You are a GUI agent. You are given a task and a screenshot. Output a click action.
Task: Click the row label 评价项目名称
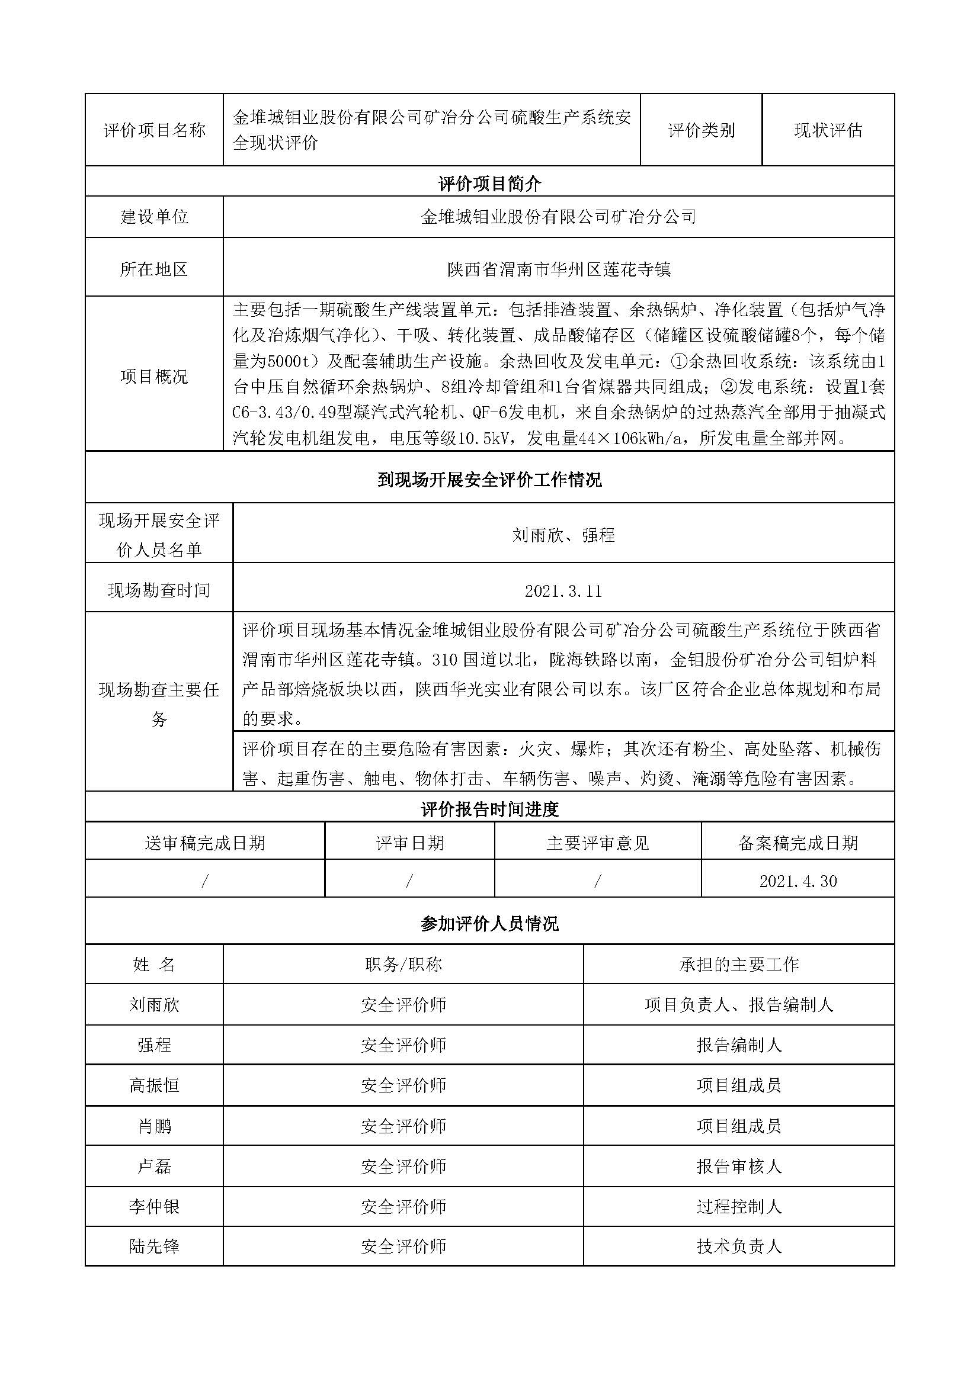(155, 130)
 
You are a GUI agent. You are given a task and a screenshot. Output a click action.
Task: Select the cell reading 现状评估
(828, 130)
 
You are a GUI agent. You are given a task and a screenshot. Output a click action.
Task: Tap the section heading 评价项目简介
(489, 184)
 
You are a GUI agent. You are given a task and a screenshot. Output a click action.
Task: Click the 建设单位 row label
(155, 217)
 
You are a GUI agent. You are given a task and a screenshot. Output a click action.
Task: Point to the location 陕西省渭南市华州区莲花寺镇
(559, 269)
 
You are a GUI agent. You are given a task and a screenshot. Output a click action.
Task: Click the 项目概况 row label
(155, 377)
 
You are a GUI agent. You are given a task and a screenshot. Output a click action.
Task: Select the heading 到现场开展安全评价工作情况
(489, 480)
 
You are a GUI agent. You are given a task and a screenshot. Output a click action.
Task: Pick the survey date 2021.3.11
(563, 590)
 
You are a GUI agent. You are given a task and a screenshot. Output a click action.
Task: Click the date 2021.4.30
(798, 881)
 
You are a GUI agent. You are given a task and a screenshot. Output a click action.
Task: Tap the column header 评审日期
(410, 843)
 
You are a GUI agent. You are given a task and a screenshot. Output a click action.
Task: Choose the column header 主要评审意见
(597, 843)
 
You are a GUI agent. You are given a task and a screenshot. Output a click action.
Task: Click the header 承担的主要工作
(739, 965)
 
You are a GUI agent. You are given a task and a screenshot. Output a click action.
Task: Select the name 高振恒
(155, 1086)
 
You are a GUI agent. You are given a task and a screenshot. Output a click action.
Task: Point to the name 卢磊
(155, 1167)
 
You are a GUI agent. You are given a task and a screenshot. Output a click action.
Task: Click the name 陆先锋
(155, 1247)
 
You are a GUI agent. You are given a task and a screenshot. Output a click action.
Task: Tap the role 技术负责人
(739, 1247)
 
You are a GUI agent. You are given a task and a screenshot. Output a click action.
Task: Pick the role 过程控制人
(739, 1206)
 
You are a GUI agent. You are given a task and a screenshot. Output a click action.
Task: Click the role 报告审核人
(739, 1167)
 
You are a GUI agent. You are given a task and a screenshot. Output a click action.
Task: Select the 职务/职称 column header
(403, 965)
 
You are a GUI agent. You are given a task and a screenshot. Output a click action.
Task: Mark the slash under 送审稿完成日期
(204, 881)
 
